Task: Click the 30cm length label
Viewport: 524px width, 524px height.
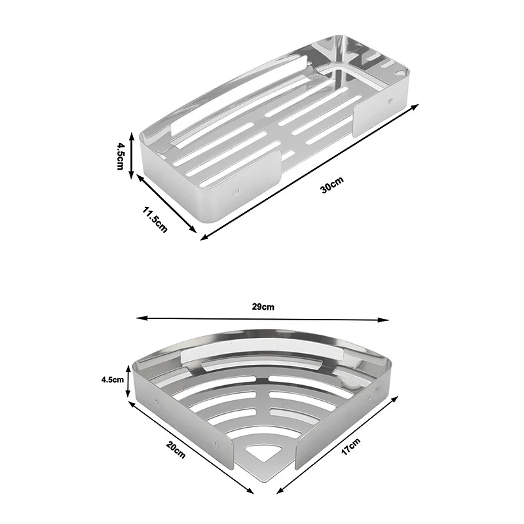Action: coord(332,188)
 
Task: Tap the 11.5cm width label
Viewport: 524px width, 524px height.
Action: coord(156,218)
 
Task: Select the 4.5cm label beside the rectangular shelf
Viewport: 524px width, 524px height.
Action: coord(120,156)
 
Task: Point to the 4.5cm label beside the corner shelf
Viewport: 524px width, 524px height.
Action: coord(113,379)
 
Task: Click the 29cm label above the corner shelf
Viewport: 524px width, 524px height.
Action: coord(262,307)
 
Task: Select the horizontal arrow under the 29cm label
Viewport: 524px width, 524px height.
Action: coord(262,319)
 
